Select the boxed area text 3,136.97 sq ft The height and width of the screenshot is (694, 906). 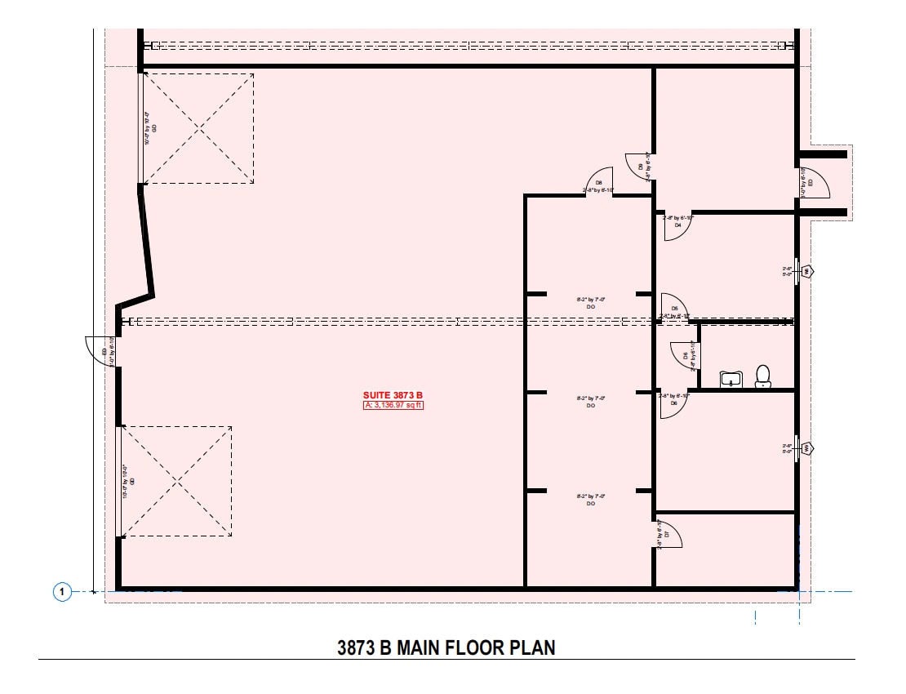(x=393, y=404)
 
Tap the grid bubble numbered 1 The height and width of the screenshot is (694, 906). (x=62, y=591)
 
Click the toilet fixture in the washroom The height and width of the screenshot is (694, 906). (x=763, y=375)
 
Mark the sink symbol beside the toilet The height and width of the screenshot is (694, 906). (x=730, y=378)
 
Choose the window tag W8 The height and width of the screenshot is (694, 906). (x=807, y=271)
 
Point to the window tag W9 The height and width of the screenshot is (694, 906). (x=807, y=448)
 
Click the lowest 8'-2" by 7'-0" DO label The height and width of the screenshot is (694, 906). (x=590, y=499)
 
